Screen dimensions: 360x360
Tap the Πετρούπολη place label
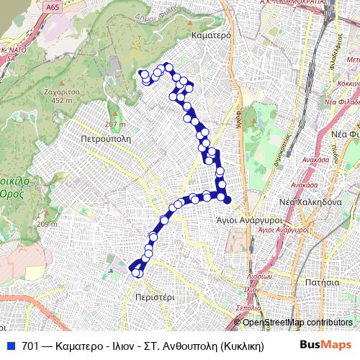[x=104, y=135]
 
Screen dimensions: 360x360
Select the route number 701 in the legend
[x=30, y=346]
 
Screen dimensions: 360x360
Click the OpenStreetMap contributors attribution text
[x=297, y=323]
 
